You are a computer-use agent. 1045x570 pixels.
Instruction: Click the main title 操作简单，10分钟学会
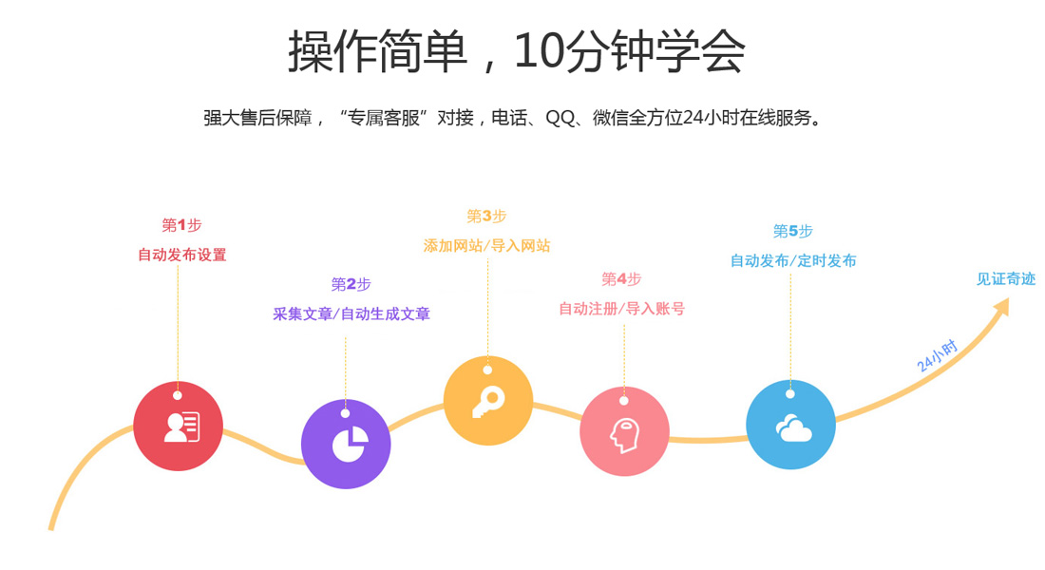[516, 51]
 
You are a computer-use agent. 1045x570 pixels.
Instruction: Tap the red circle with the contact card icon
[179, 426]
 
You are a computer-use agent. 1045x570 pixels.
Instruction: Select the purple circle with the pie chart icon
[346, 444]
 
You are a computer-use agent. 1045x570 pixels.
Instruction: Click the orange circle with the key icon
[488, 401]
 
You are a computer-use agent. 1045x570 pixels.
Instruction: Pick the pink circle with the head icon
[624, 432]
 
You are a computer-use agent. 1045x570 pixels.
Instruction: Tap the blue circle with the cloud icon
[790, 425]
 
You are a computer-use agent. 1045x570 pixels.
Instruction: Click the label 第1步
[181, 225]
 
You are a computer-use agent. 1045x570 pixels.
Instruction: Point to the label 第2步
[351, 284]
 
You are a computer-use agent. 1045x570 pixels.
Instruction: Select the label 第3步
[486, 217]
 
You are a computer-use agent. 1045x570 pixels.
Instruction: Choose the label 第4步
[621, 278]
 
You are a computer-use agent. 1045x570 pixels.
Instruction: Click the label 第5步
[792, 231]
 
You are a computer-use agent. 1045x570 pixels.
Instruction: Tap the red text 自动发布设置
[181, 255]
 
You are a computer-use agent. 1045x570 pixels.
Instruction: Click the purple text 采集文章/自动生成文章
[351, 313]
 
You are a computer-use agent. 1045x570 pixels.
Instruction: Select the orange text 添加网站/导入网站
[486, 245]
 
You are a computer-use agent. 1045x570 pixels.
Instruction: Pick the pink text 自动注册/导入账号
[621, 308]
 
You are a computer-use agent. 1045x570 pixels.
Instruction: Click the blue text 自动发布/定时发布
[792, 260]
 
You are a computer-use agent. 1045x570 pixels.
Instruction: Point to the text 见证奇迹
[1005, 279]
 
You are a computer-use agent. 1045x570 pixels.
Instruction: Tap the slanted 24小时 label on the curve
[937, 355]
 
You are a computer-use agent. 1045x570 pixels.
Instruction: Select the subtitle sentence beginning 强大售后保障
[512, 119]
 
